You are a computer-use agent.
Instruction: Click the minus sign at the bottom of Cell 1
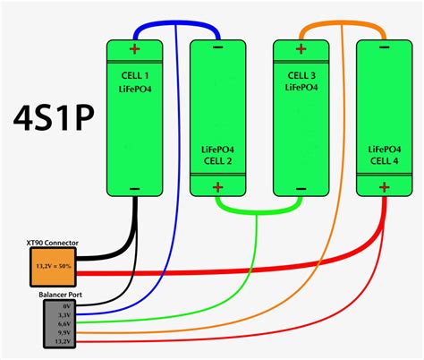click(135, 188)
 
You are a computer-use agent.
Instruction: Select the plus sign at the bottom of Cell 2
click(217, 188)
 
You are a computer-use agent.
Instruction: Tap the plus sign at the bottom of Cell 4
click(383, 188)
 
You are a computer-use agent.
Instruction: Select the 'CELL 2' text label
click(217, 162)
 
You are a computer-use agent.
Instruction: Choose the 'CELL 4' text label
click(383, 162)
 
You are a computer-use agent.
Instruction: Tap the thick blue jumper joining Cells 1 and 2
click(176, 26)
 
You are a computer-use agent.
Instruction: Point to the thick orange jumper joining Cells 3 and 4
click(342, 26)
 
